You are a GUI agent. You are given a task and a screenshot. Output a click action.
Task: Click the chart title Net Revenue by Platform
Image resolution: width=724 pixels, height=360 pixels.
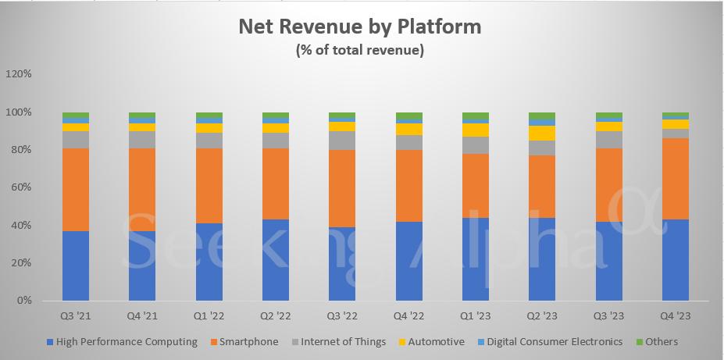tap(360, 27)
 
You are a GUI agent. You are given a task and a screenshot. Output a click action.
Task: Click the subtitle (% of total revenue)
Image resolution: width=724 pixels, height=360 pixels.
tap(360, 50)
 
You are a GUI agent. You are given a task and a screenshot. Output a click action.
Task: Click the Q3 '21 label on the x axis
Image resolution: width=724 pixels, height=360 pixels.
tap(75, 316)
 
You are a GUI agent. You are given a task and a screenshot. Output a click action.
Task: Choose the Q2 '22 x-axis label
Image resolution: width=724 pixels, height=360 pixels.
tap(275, 316)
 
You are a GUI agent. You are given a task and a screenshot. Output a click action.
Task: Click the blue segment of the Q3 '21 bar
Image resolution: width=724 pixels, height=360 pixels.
tap(75, 266)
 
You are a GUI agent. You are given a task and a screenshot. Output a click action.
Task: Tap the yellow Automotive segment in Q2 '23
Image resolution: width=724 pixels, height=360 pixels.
tap(542, 133)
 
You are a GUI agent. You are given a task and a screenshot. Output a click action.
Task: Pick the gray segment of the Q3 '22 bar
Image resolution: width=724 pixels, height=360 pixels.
tap(341, 140)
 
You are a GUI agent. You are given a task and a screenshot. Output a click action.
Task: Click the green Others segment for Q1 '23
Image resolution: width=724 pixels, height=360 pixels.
tap(475, 117)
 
